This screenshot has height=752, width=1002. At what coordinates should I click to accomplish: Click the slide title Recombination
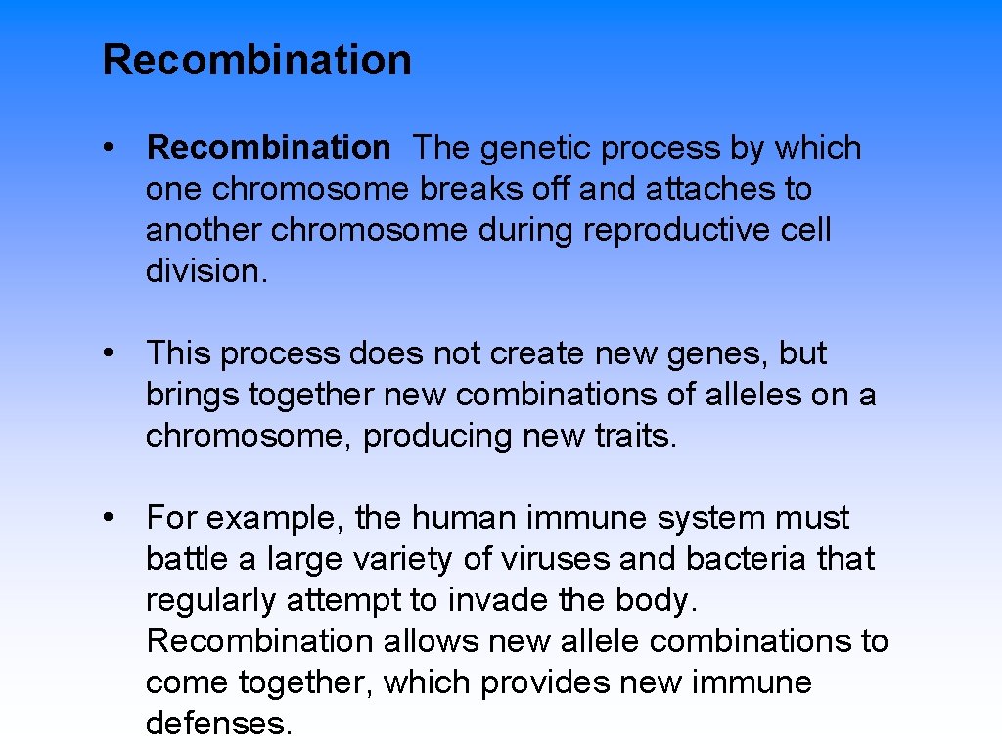click(x=256, y=60)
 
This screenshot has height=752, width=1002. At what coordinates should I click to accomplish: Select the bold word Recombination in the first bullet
click(x=268, y=148)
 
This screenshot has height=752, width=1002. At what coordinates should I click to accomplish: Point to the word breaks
click(x=468, y=189)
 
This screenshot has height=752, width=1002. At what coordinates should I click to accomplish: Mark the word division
click(x=205, y=271)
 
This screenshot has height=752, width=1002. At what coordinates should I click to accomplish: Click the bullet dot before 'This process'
click(x=115, y=353)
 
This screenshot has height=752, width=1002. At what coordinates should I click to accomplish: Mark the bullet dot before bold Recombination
click(x=115, y=148)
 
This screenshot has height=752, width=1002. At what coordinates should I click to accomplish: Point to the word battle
click(x=187, y=559)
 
